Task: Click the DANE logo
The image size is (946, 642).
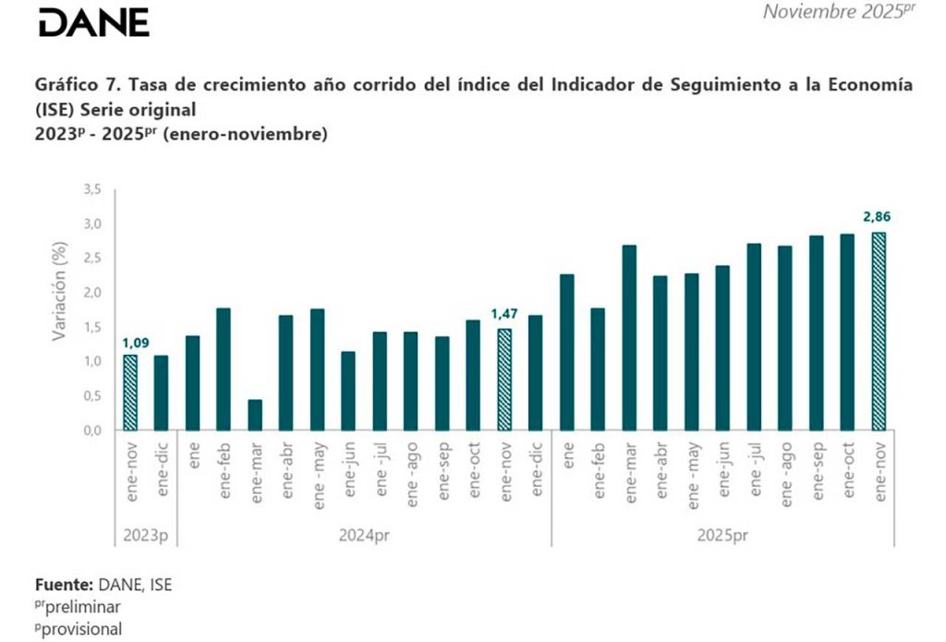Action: click(93, 22)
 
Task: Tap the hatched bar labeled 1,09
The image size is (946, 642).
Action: click(130, 393)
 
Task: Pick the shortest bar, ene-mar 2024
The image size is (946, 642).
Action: click(255, 415)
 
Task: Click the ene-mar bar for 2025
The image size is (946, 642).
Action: click(630, 337)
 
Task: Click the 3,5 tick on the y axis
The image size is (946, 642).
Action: click(91, 189)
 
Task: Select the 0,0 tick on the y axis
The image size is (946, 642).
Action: click(91, 430)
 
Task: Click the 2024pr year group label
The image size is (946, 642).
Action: click(365, 536)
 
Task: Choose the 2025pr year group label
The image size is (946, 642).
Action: click(723, 536)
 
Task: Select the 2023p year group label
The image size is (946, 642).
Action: click(146, 536)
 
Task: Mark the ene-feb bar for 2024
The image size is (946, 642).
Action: click(224, 369)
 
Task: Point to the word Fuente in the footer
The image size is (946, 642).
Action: click(62, 585)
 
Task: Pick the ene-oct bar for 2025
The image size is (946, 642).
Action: click(847, 332)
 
